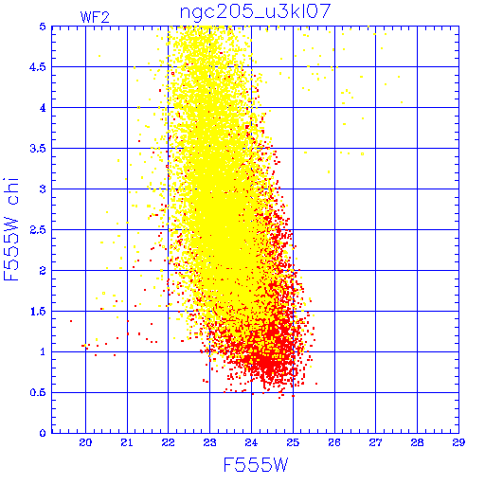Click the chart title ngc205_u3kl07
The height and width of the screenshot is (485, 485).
coord(255,11)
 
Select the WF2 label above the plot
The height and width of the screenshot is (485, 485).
coord(95,17)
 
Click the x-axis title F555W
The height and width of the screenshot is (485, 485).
coord(256,465)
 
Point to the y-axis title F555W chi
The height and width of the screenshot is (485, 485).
coord(11,229)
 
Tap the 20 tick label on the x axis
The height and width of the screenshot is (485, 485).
coord(85,442)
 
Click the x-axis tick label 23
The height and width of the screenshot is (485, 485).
coord(209,442)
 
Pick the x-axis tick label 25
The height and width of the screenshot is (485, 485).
coord(293,442)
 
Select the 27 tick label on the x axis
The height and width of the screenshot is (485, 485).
coord(375,442)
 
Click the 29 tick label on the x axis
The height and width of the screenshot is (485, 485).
coord(458,442)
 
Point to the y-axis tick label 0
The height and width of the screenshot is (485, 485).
coord(43,433)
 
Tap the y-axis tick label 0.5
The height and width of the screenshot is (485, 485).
coord(38,392)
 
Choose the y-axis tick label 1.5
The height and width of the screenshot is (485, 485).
coord(38,312)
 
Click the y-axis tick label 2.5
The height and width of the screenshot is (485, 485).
coord(38,230)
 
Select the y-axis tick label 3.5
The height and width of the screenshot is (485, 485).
coord(38,149)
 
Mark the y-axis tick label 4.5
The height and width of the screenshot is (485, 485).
coord(38,67)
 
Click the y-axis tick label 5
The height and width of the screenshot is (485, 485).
coord(43,27)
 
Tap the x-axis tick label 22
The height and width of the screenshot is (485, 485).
coord(169,442)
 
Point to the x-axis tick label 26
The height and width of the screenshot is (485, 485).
coord(334,442)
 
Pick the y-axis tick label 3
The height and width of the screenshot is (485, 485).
coord(43,189)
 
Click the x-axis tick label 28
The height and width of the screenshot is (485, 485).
coord(417,442)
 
